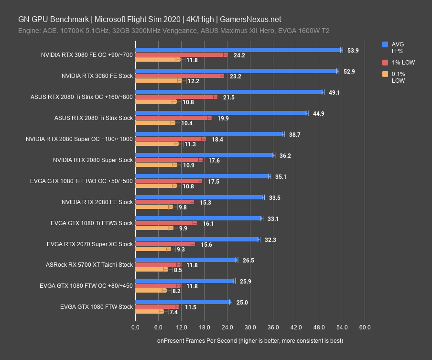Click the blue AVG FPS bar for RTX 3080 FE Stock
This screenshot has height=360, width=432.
pyautogui.click(x=237, y=71)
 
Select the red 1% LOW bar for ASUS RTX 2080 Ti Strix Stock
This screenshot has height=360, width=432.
pyautogui.click(x=173, y=118)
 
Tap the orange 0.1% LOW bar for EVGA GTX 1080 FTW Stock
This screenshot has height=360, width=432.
pyautogui.click(x=149, y=312)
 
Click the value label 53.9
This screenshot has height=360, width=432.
pyautogui.click(x=353, y=50)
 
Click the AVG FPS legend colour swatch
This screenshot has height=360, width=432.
pyautogui.click(x=385, y=44)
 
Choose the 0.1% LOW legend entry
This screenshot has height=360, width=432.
pyautogui.click(x=399, y=77)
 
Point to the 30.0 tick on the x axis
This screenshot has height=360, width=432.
pyautogui.click(x=250, y=327)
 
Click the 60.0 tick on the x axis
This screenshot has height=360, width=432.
pyautogui.click(x=365, y=327)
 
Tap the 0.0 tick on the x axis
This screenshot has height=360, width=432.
pyautogui.click(x=136, y=327)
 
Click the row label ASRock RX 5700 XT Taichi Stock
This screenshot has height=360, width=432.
pyautogui.click(x=89, y=265)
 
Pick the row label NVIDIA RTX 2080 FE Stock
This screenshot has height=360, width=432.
pyautogui.click(x=97, y=202)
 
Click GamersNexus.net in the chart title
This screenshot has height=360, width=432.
pyautogui.click(x=250, y=20)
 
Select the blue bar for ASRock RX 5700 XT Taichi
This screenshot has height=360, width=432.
pyautogui.click(x=186, y=260)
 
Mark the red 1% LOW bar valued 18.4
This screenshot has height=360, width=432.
pyautogui.click(x=170, y=139)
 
